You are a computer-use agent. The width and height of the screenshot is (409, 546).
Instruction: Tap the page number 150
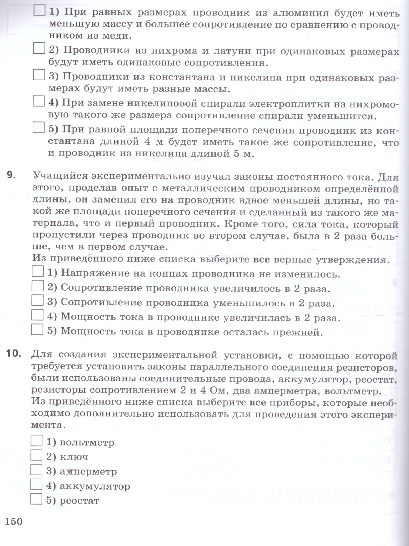point(14,521)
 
